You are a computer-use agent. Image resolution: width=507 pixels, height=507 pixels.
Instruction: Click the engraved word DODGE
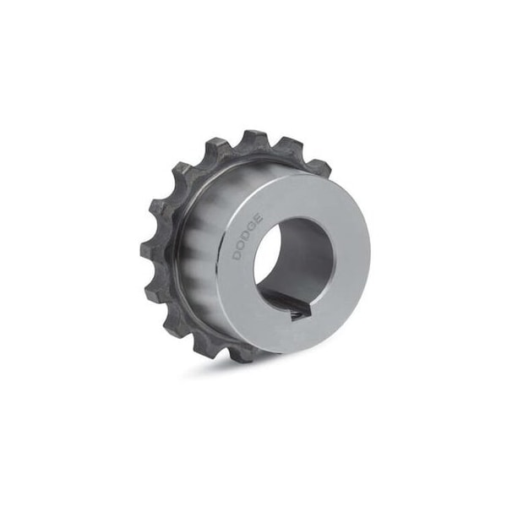click(248, 237)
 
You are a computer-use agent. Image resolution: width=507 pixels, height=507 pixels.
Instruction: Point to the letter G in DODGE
click(253, 227)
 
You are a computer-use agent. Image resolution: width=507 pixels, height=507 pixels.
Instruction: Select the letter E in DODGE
click(259, 219)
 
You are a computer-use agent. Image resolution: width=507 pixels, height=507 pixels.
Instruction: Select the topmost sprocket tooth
click(253, 139)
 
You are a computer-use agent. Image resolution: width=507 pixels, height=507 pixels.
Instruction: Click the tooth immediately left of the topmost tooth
click(219, 150)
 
